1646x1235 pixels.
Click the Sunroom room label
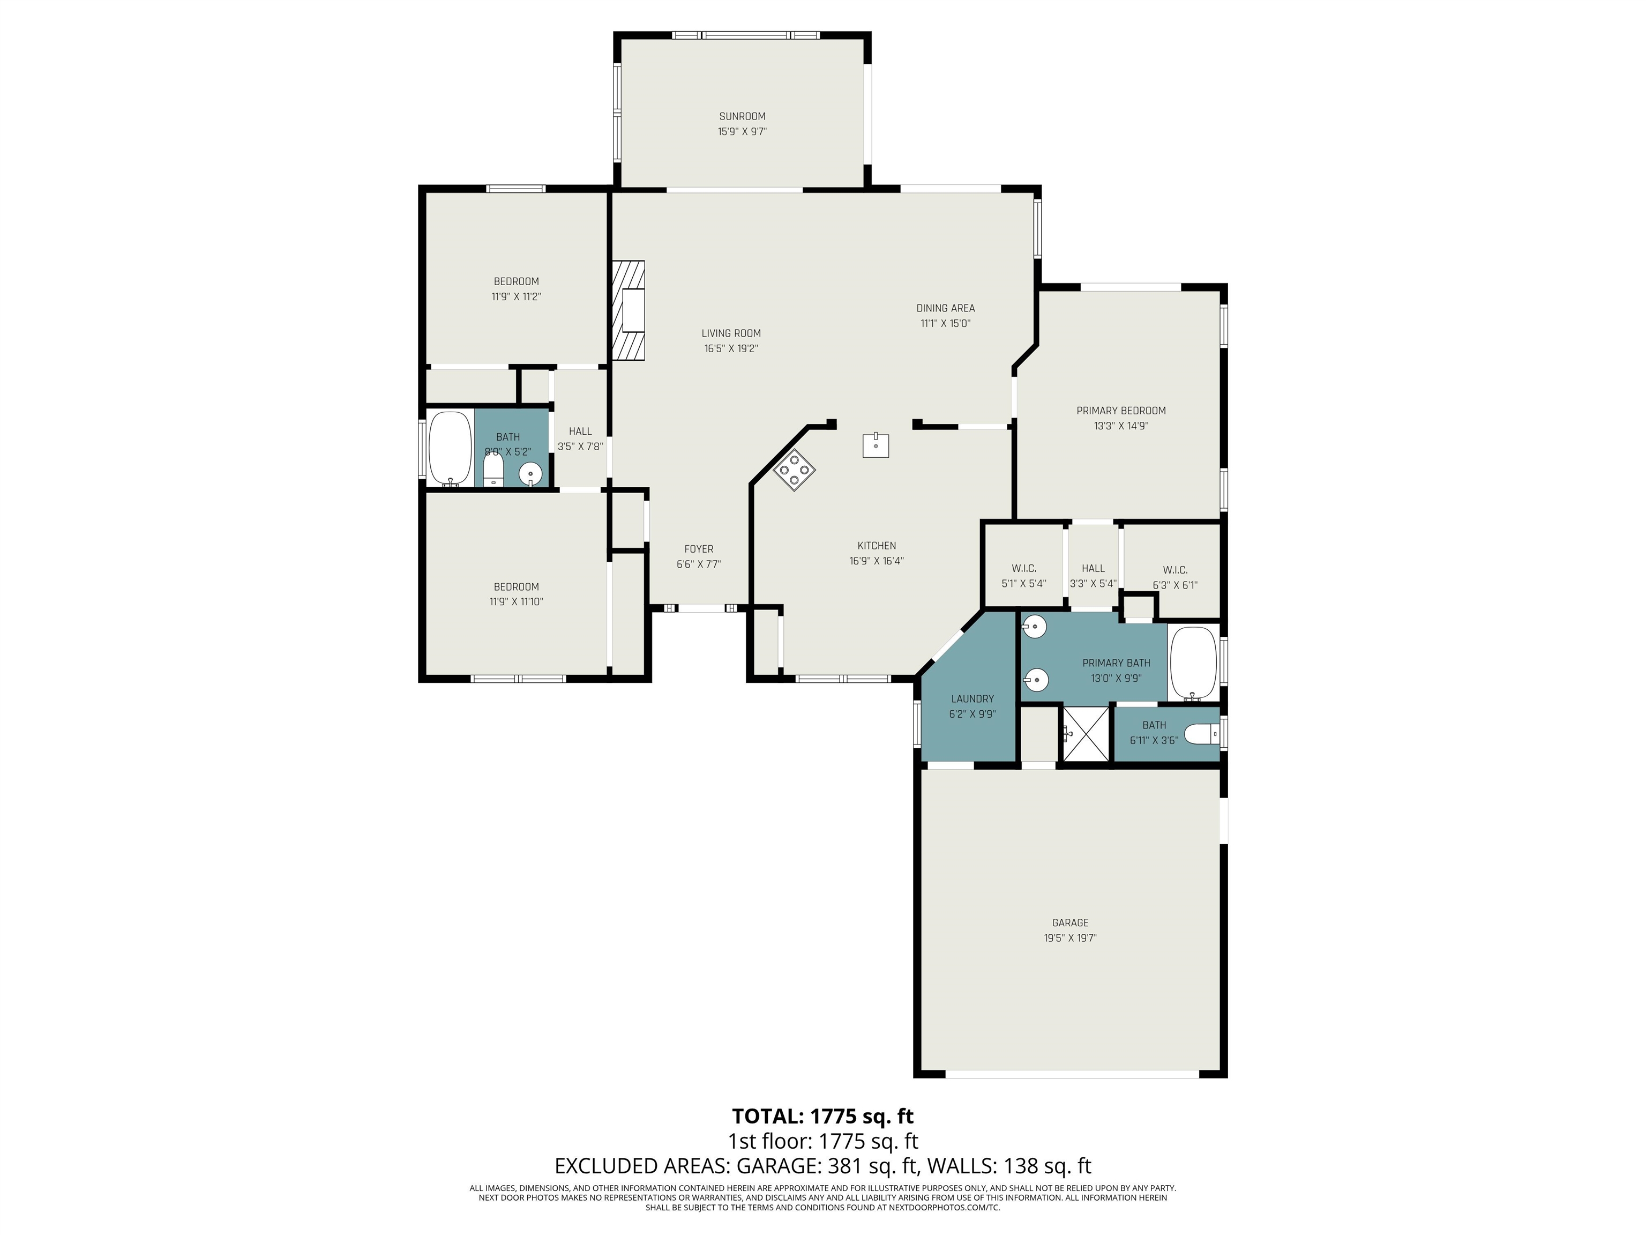tap(742, 116)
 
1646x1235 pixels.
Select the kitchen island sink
tap(876, 445)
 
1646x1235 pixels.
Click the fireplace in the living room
tap(629, 310)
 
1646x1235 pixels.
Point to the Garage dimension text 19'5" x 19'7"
tap(1070, 938)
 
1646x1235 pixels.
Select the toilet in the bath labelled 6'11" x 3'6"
tap(1200, 735)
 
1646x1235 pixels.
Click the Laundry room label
tap(972, 699)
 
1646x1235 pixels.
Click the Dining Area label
tap(945, 308)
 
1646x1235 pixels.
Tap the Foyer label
tap(699, 549)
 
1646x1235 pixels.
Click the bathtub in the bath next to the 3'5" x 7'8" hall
tap(450, 449)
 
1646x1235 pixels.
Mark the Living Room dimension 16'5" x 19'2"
tap(731, 348)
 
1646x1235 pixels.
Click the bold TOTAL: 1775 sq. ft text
tap(823, 1116)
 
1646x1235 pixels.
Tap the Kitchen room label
tap(877, 546)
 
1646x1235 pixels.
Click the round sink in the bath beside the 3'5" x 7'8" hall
tap(530, 473)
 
